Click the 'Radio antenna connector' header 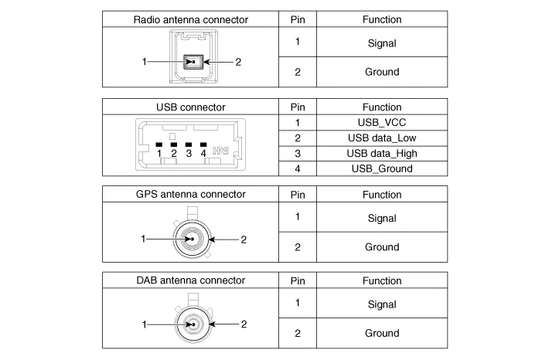[x=190, y=19]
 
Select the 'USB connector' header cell [x=190, y=107]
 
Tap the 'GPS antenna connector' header [x=190, y=194]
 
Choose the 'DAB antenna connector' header [x=190, y=280]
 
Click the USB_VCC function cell [x=382, y=122]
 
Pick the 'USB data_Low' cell [x=382, y=138]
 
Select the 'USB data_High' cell [x=382, y=153]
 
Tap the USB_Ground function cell [x=382, y=168]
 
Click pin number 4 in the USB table [x=298, y=168]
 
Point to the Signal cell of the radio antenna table [x=382, y=43]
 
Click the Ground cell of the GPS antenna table [x=382, y=247]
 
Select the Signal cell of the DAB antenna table [x=382, y=304]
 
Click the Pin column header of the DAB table [x=298, y=280]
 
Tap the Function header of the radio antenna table [x=382, y=19]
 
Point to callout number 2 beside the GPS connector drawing [x=243, y=239]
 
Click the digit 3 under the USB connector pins [x=189, y=153]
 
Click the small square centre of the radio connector [x=190, y=62]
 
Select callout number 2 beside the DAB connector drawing [x=243, y=324]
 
